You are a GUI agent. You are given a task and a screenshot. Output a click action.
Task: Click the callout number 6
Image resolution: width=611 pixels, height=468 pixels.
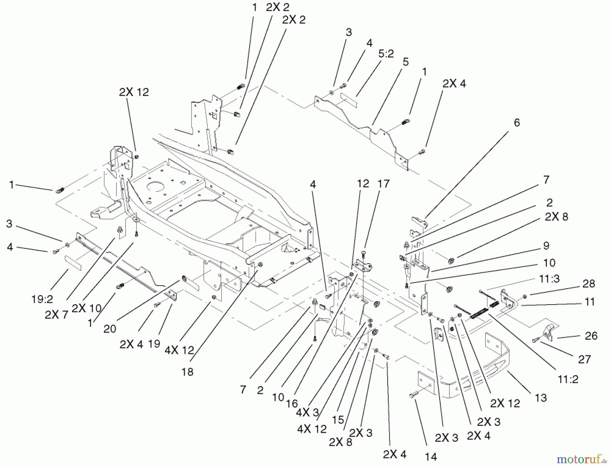(x=517, y=123)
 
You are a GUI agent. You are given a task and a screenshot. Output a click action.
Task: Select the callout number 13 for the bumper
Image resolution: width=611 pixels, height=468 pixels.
(x=541, y=398)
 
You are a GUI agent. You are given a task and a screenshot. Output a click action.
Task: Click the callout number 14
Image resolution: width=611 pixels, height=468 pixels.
(x=431, y=457)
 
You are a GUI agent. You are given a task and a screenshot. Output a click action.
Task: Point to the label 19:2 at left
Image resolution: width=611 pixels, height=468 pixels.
(x=42, y=299)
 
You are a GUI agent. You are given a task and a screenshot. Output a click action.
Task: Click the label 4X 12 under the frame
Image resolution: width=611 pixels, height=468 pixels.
(x=179, y=350)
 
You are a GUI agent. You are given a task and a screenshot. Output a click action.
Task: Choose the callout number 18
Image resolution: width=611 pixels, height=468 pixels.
(x=187, y=372)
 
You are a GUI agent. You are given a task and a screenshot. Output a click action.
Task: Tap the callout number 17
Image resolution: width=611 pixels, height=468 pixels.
(x=383, y=184)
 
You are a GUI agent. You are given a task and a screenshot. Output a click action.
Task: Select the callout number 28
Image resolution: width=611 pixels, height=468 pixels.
(x=589, y=284)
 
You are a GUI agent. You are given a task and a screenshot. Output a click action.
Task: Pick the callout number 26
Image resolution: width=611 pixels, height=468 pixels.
(x=591, y=336)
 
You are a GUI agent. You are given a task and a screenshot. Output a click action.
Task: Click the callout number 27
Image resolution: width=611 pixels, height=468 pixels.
(x=584, y=359)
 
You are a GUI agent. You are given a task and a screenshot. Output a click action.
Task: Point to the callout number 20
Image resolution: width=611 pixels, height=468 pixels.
(x=110, y=329)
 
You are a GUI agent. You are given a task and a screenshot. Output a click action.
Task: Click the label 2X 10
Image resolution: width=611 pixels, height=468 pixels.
(x=87, y=308)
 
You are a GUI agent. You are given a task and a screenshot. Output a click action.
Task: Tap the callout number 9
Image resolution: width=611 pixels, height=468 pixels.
(x=546, y=246)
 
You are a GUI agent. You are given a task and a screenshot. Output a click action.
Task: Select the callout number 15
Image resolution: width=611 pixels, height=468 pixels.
(x=338, y=420)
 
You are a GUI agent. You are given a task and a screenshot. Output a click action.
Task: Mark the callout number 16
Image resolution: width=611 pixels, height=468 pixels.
(x=292, y=404)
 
